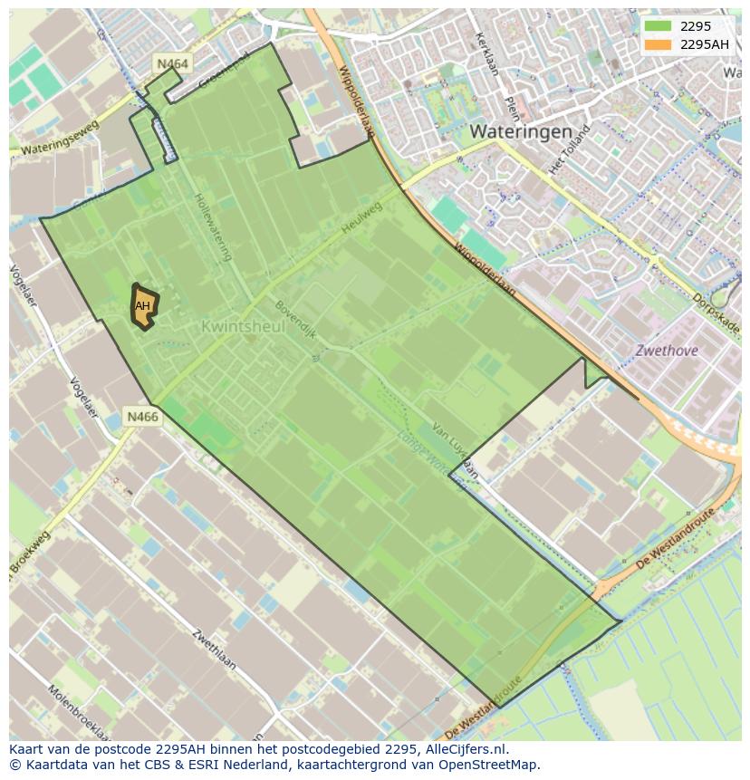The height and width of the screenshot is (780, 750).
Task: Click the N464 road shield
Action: click(x=172, y=63)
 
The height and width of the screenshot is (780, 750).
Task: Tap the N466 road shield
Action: click(x=142, y=417)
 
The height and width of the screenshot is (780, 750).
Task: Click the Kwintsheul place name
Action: click(x=243, y=326)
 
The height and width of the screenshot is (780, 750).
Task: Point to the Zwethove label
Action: click(x=667, y=351)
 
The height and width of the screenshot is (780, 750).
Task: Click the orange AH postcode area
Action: click(x=143, y=306)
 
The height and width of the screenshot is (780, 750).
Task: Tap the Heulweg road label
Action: click(x=362, y=218)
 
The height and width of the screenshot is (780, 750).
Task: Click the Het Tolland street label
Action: click(x=569, y=149)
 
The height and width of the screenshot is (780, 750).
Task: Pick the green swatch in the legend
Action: click(x=658, y=26)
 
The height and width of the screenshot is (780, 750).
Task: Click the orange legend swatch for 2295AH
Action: click(x=658, y=44)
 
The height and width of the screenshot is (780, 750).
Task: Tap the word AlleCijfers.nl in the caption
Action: click(x=466, y=749)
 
